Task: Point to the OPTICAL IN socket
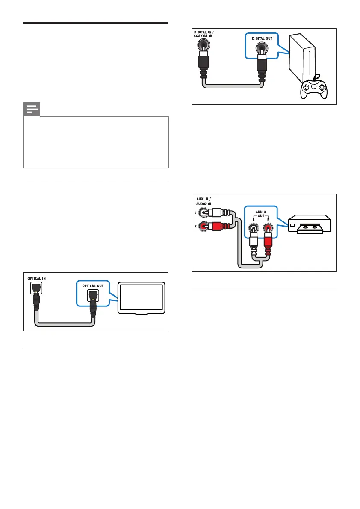35,290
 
